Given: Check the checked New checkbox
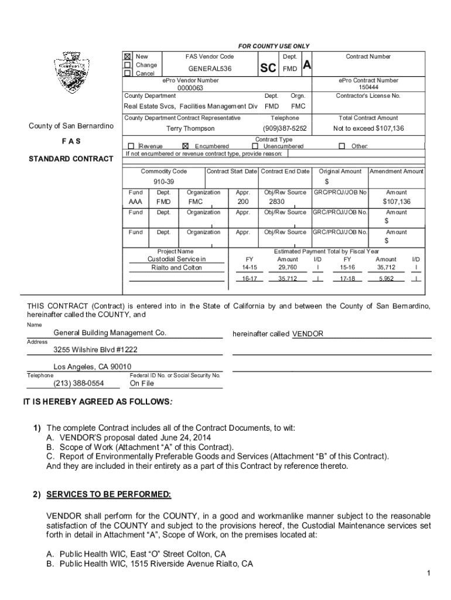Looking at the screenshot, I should tap(127, 57).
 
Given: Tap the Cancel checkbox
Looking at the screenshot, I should tap(127, 73).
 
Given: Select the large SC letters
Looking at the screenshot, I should tap(268, 69).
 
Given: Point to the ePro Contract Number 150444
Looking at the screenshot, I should tap(367, 87).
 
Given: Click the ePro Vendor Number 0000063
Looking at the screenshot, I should tap(190, 88).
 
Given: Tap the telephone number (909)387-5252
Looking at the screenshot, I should tap(285, 128).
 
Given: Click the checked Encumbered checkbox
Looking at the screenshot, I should tap(186, 146).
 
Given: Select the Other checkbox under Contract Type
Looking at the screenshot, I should tap(342, 146).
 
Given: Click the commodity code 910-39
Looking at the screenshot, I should tap(163, 182).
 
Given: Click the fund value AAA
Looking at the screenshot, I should tap(135, 202).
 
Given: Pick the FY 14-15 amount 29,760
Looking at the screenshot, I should tap(287, 267).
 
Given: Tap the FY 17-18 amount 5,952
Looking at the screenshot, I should tap(386, 279).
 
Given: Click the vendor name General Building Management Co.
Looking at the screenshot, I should tap(110, 333).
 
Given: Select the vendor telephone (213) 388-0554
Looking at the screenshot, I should tap(78, 383).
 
